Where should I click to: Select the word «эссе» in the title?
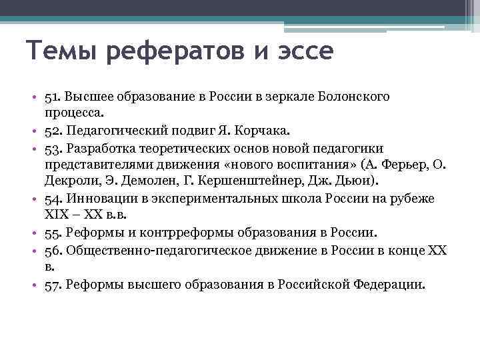(x=305, y=52)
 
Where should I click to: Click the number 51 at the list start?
(x=51, y=97)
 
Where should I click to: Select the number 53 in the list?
(x=52, y=147)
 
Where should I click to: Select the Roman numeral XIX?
(x=57, y=215)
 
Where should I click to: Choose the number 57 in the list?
(x=52, y=284)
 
